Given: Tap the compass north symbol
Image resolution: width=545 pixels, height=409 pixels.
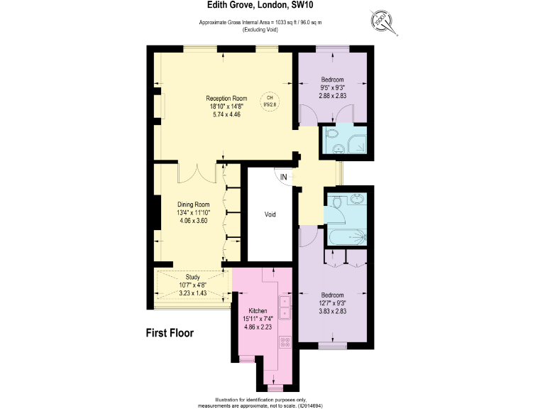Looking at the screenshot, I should click(x=385, y=22).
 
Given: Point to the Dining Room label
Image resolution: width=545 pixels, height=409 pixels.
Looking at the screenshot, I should click(x=194, y=204).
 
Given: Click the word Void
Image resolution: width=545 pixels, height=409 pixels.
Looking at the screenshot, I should click(x=270, y=214).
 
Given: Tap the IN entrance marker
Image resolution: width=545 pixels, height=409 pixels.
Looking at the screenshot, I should click(x=284, y=177).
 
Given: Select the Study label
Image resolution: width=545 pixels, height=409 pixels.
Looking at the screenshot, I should click(x=192, y=277).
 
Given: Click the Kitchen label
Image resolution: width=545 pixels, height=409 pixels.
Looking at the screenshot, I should click(x=257, y=311).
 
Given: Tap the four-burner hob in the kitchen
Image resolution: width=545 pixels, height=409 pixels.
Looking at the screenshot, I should click(x=286, y=342).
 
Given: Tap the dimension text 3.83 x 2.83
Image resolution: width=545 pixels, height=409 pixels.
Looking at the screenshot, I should click(x=332, y=312).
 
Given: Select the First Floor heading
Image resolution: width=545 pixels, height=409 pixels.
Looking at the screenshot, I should click(x=170, y=332).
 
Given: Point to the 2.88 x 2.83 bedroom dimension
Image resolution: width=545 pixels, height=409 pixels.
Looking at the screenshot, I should click(x=332, y=96).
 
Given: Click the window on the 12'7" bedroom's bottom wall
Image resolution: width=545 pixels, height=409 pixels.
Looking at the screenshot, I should click(x=332, y=345).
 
